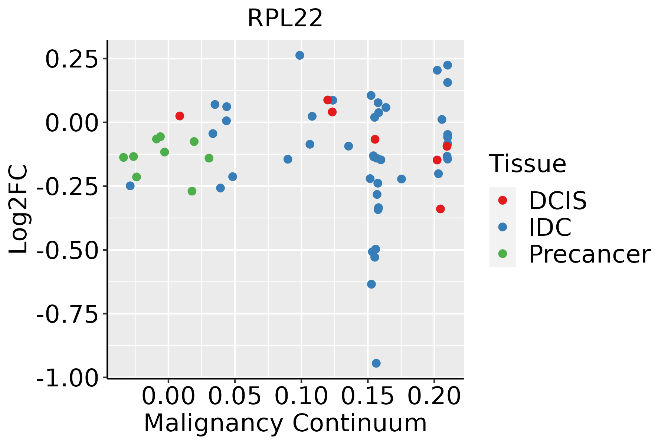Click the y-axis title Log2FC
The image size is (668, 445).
pyautogui.click(x=19, y=210)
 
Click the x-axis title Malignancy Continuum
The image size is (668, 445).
pyautogui.click(x=285, y=423)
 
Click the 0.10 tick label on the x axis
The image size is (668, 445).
pyautogui.click(x=301, y=396)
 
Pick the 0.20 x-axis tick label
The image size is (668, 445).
pyautogui.click(x=434, y=396)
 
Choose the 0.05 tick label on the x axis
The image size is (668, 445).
pyautogui.click(x=235, y=396)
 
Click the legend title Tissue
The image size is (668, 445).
pyautogui.click(x=527, y=164)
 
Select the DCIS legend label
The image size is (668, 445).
pyautogui.click(x=557, y=201)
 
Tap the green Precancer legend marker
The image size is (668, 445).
pyautogui.click(x=502, y=254)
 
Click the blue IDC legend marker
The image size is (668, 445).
pyautogui.click(x=502, y=227)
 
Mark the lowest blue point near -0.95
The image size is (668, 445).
pyautogui.click(x=376, y=363)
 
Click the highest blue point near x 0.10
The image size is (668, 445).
pyautogui.click(x=299, y=55)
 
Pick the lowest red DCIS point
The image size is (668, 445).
pyautogui.click(x=440, y=209)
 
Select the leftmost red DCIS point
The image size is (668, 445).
pyautogui.click(x=180, y=116)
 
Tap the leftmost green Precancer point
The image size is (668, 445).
pyautogui.click(x=124, y=157)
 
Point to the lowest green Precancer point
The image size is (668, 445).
pyautogui.click(x=192, y=191)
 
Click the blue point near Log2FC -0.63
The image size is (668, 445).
pyautogui.click(x=371, y=284)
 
